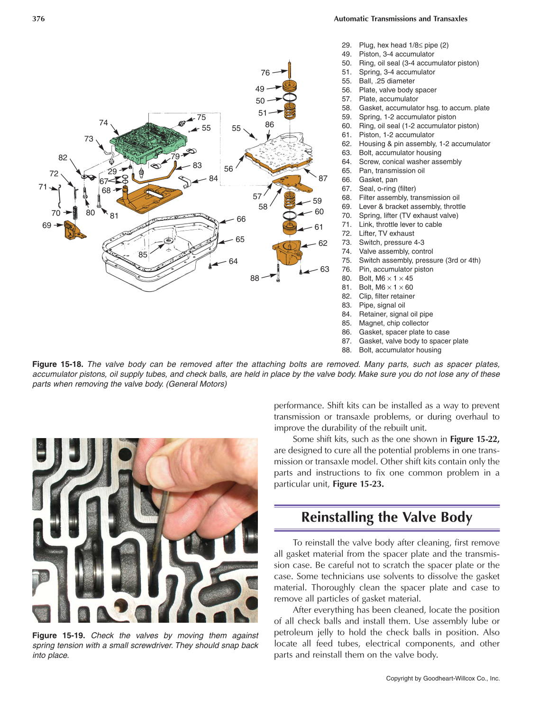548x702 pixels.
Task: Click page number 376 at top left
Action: click(38, 19)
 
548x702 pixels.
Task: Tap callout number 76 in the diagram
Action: click(265, 73)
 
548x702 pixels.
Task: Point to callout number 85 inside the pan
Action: click(143, 255)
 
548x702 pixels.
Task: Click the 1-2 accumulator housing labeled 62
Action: click(288, 252)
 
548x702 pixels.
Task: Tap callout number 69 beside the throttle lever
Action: click(46, 225)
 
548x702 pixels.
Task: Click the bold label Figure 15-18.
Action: click(57, 365)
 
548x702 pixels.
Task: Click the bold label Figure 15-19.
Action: click(58, 636)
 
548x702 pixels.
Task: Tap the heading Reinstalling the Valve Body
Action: click(386, 517)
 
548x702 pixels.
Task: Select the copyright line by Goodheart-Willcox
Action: click(442, 679)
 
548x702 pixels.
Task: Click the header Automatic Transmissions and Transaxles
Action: click(400, 19)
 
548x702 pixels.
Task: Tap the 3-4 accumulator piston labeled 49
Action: click(290, 86)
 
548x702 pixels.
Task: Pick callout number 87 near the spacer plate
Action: click(323, 178)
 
